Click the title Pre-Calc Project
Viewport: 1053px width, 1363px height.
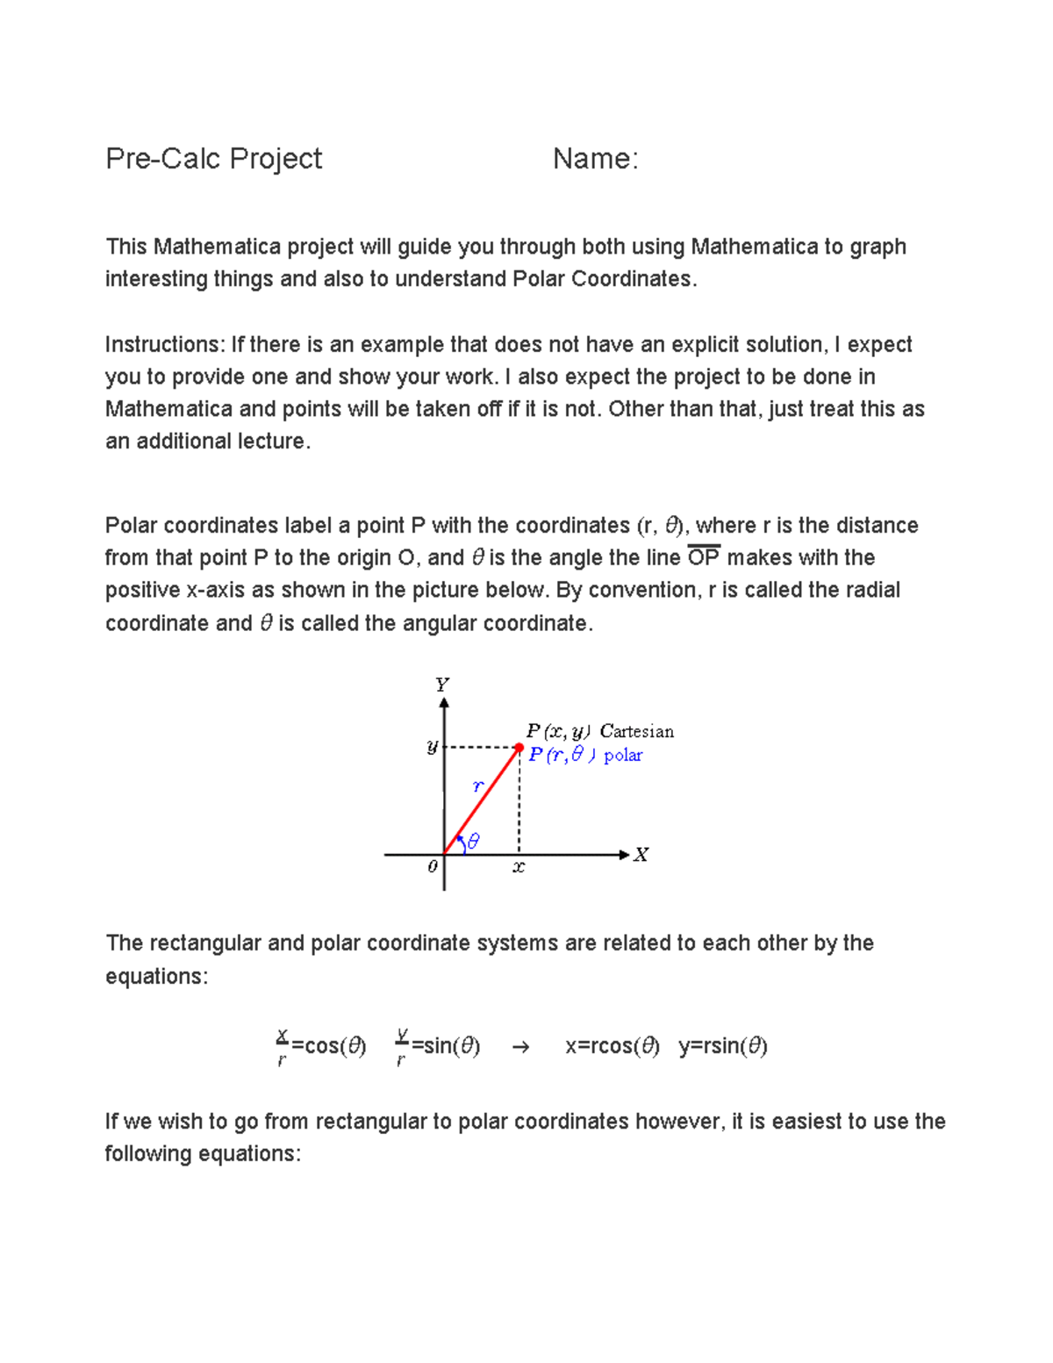[213, 159]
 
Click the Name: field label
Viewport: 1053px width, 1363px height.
[595, 159]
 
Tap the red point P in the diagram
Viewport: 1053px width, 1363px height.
[519, 748]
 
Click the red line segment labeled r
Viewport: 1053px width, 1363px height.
[484, 799]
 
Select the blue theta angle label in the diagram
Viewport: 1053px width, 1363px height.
[474, 841]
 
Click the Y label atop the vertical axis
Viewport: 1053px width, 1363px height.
[442, 684]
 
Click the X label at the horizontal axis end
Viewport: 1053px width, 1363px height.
[641, 855]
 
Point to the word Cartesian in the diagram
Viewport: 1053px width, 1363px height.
[637, 731]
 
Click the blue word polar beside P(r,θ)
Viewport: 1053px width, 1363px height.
[623, 755]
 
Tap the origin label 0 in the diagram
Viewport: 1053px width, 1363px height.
[432, 867]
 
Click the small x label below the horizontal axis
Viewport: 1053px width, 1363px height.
[519, 867]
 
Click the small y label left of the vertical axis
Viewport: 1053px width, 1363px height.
[432, 747]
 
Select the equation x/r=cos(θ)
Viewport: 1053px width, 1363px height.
[320, 1046]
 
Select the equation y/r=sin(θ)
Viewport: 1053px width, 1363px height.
[438, 1046]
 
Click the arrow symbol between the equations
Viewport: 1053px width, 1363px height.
[520, 1047]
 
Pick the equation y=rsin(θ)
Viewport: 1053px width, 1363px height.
[722, 1046]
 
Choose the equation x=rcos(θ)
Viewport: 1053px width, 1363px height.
[612, 1046]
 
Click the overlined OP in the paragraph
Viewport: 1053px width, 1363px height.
[704, 558]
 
